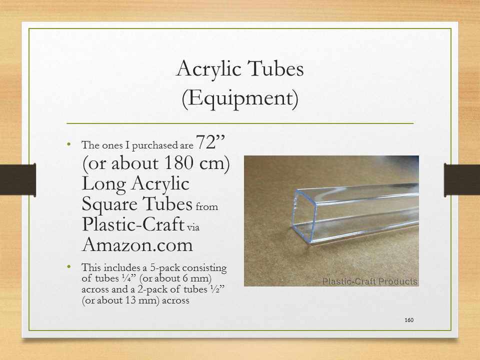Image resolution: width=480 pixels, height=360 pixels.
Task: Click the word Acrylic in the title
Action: click(x=209, y=69)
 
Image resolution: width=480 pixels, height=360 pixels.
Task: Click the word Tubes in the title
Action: click(x=275, y=68)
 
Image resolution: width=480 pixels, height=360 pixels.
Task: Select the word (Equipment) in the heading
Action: click(x=240, y=98)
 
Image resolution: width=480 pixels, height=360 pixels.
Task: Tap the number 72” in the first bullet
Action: click(x=210, y=142)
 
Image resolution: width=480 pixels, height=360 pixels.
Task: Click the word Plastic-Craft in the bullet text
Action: click(x=133, y=224)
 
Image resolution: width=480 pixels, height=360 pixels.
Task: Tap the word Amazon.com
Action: click(x=137, y=245)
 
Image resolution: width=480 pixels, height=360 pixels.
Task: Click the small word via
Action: click(x=193, y=227)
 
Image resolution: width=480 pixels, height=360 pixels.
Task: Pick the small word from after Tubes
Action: click(x=207, y=206)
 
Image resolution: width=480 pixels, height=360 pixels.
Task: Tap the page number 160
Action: click(x=409, y=320)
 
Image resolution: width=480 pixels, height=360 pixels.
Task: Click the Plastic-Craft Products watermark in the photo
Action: click(x=370, y=281)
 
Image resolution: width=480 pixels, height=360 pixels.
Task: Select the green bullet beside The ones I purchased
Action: click(x=68, y=144)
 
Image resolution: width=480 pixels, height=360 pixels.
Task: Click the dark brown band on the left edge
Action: click(x=18, y=179)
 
